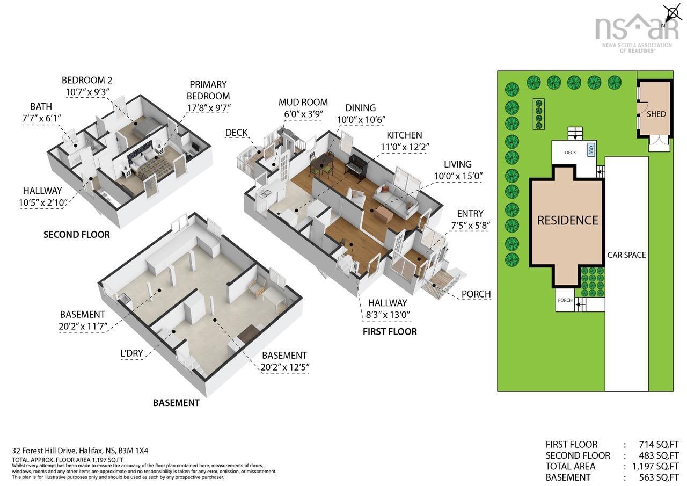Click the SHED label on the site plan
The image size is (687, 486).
[x=656, y=114]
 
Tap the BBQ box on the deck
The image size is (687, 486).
[x=591, y=150]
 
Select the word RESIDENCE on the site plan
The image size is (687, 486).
[x=568, y=220]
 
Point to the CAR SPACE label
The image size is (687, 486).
[x=626, y=255]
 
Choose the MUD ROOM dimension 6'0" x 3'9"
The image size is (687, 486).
[x=303, y=114]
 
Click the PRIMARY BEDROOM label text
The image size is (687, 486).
[x=208, y=90]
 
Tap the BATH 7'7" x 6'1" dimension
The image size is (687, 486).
[x=41, y=118]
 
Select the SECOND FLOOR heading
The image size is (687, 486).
[x=77, y=235]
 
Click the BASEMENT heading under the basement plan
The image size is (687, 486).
[x=177, y=403]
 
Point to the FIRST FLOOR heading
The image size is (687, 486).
[x=390, y=332]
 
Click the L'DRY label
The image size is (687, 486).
[x=132, y=353]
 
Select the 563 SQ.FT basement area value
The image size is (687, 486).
[x=659, y=477]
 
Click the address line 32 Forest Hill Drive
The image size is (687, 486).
[x=80, y=451]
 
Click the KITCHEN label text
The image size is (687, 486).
[x=404, y=135]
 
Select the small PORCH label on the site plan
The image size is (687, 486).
[x=565, y=300]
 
